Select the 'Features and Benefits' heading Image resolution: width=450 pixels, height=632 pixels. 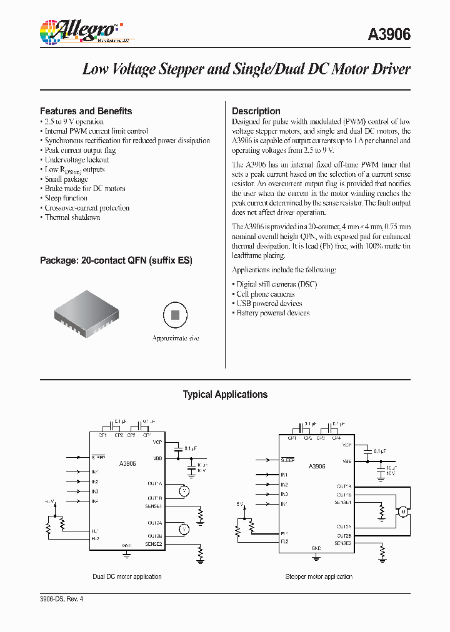pyautogui.click(x=86, y=111)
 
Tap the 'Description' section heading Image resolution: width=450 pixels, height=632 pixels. pyautogui.click(x=256, y=111)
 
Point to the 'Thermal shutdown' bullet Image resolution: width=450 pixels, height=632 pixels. pyautogui.click(x=72, y=217)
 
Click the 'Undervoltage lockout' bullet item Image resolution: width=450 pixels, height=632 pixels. pyautogui.click(x=77, y=160)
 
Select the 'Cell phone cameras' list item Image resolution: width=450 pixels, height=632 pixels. pyautogui.click(x=266, y=294)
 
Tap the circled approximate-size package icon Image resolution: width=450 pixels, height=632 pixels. pyautogui.click(x=176, y=315)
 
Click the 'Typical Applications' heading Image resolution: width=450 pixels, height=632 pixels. pyautogui.click(x=225, y=395)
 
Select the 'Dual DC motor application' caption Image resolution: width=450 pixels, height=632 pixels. pyautogui.click(x=127, y=576)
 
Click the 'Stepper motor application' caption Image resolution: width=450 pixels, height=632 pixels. pyautogui.click(x=319, y=576)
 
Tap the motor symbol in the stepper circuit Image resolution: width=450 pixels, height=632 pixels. pyautogui.click(x=403, y=512)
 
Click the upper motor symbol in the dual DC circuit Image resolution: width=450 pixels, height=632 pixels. pyautogui.click(x=184, y=491)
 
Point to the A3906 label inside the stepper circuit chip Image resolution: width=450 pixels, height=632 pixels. pyautogui.click(x=317, y=467)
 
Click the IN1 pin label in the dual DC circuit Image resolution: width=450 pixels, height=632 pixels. pyautogui.click(x=95, y=472)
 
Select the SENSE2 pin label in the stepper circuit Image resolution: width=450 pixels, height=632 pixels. pyautogui.click(x=343, y=544)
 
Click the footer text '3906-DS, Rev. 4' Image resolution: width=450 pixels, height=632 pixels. pyautogui.click(x=61, y=599)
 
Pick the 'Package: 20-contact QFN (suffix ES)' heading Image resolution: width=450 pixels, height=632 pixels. pyautogui.click(x=116, y=260)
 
